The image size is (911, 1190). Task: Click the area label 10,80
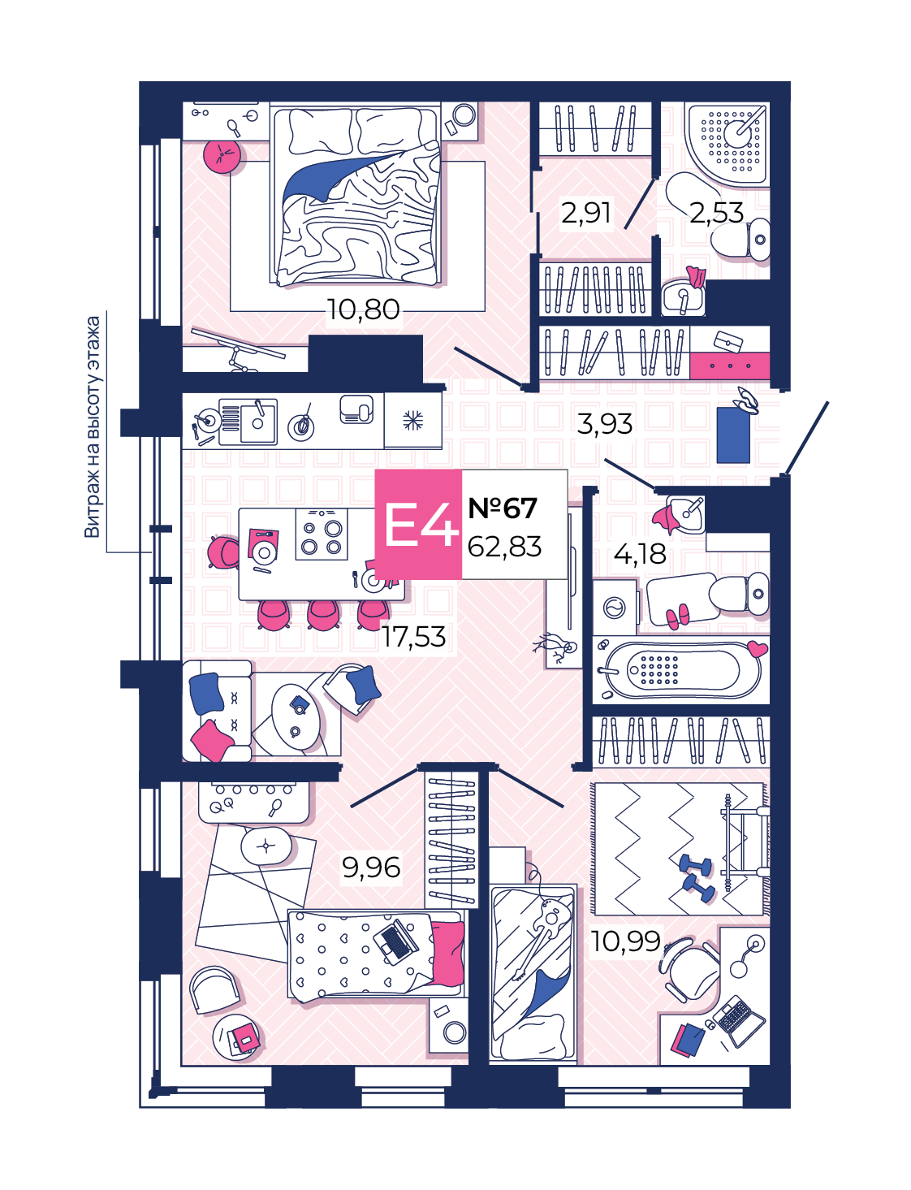point(363,310)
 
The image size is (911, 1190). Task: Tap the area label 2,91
point(585,213)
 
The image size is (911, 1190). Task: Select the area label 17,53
point(413,637)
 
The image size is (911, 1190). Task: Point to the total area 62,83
point(504,547)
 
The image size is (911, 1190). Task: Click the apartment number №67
point(503,508)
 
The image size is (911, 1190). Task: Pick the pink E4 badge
point(418,524)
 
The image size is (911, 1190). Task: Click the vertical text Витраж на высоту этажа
point(93,426)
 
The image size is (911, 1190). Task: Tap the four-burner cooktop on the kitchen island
point(322,534)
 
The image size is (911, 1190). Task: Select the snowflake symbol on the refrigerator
point(412,421)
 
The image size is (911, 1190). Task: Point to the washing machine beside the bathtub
point(615,608)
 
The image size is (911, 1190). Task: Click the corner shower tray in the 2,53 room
point(727,144)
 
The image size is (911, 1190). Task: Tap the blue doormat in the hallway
point(732,435)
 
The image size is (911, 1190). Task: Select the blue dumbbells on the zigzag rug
point(696,878)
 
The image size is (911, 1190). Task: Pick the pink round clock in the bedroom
point(222,155)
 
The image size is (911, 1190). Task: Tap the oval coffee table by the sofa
point(296,717)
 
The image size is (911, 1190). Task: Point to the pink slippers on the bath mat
point(677,615)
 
